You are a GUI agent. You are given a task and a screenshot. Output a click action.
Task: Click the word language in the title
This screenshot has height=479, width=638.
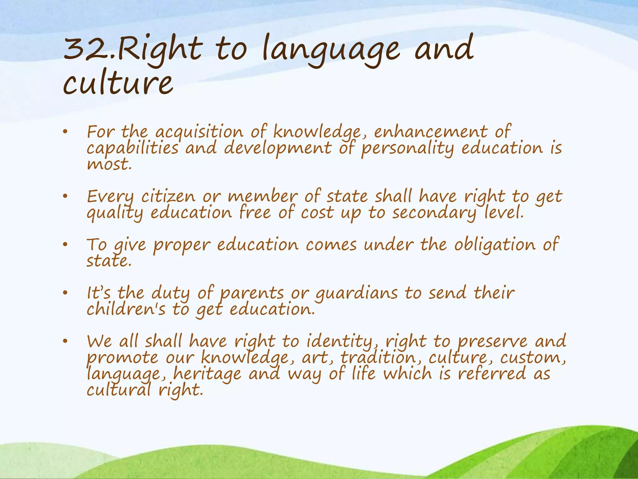330,50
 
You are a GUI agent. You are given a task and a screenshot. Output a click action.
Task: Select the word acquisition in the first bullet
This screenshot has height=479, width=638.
199,132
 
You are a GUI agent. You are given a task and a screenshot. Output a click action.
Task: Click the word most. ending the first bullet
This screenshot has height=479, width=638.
109,164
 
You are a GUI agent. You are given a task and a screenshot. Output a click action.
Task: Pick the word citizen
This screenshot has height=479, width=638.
168,197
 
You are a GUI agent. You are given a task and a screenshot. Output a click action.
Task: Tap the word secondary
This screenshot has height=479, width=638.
434,213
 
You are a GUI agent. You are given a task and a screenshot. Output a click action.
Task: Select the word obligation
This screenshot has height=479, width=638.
494,245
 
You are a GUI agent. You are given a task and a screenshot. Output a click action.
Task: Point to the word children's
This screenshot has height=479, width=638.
126,310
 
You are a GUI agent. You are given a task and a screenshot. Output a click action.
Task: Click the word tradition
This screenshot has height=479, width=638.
378,358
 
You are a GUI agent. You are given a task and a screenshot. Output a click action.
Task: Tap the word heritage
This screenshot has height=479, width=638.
207,374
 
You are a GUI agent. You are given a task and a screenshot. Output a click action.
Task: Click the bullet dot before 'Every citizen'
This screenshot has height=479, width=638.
65,197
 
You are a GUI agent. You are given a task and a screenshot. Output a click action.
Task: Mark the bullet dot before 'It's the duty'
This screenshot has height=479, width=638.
65,293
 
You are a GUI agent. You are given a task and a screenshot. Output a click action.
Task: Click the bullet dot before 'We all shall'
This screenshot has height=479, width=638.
65,341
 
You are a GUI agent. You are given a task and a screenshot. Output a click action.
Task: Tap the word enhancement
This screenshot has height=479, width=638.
431,132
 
